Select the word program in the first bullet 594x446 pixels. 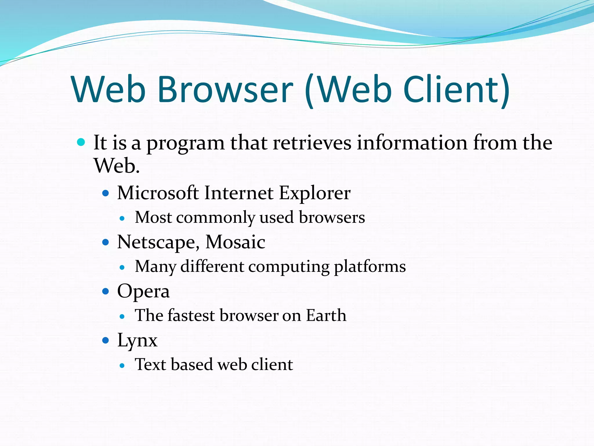tap(185, 144)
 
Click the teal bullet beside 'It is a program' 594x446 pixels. tap(81, 142)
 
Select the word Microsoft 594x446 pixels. tap(158, 193)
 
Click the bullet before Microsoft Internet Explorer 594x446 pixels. tap(106, 193)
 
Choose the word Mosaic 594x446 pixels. tap(235, 242)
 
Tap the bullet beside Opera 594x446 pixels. tap(106, 291)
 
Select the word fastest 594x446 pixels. tap(191, 315)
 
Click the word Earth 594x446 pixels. tap(326, 315)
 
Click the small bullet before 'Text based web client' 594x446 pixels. tap(122, 366)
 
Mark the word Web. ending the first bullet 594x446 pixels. tap(117, 166)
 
